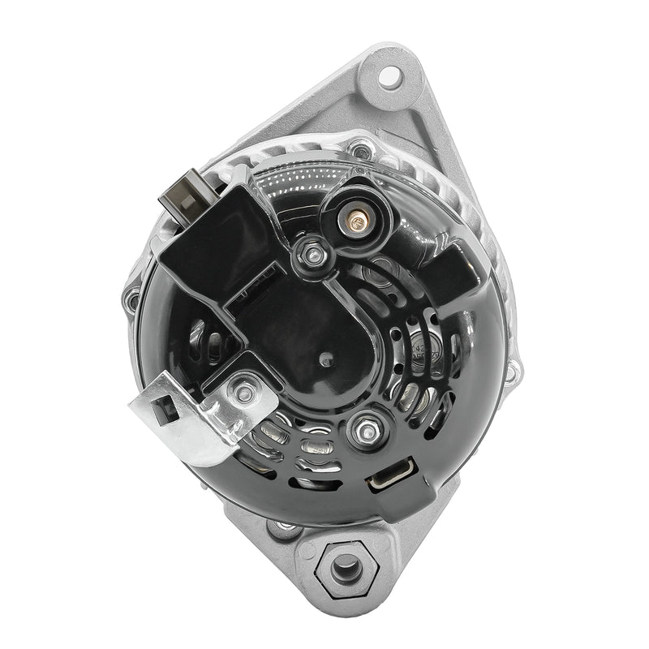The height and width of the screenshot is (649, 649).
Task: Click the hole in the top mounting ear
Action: tap(389, 78)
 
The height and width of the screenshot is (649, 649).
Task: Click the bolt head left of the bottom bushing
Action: tap(284, 528)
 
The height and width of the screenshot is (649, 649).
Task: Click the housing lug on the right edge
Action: tap(513, 369)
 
